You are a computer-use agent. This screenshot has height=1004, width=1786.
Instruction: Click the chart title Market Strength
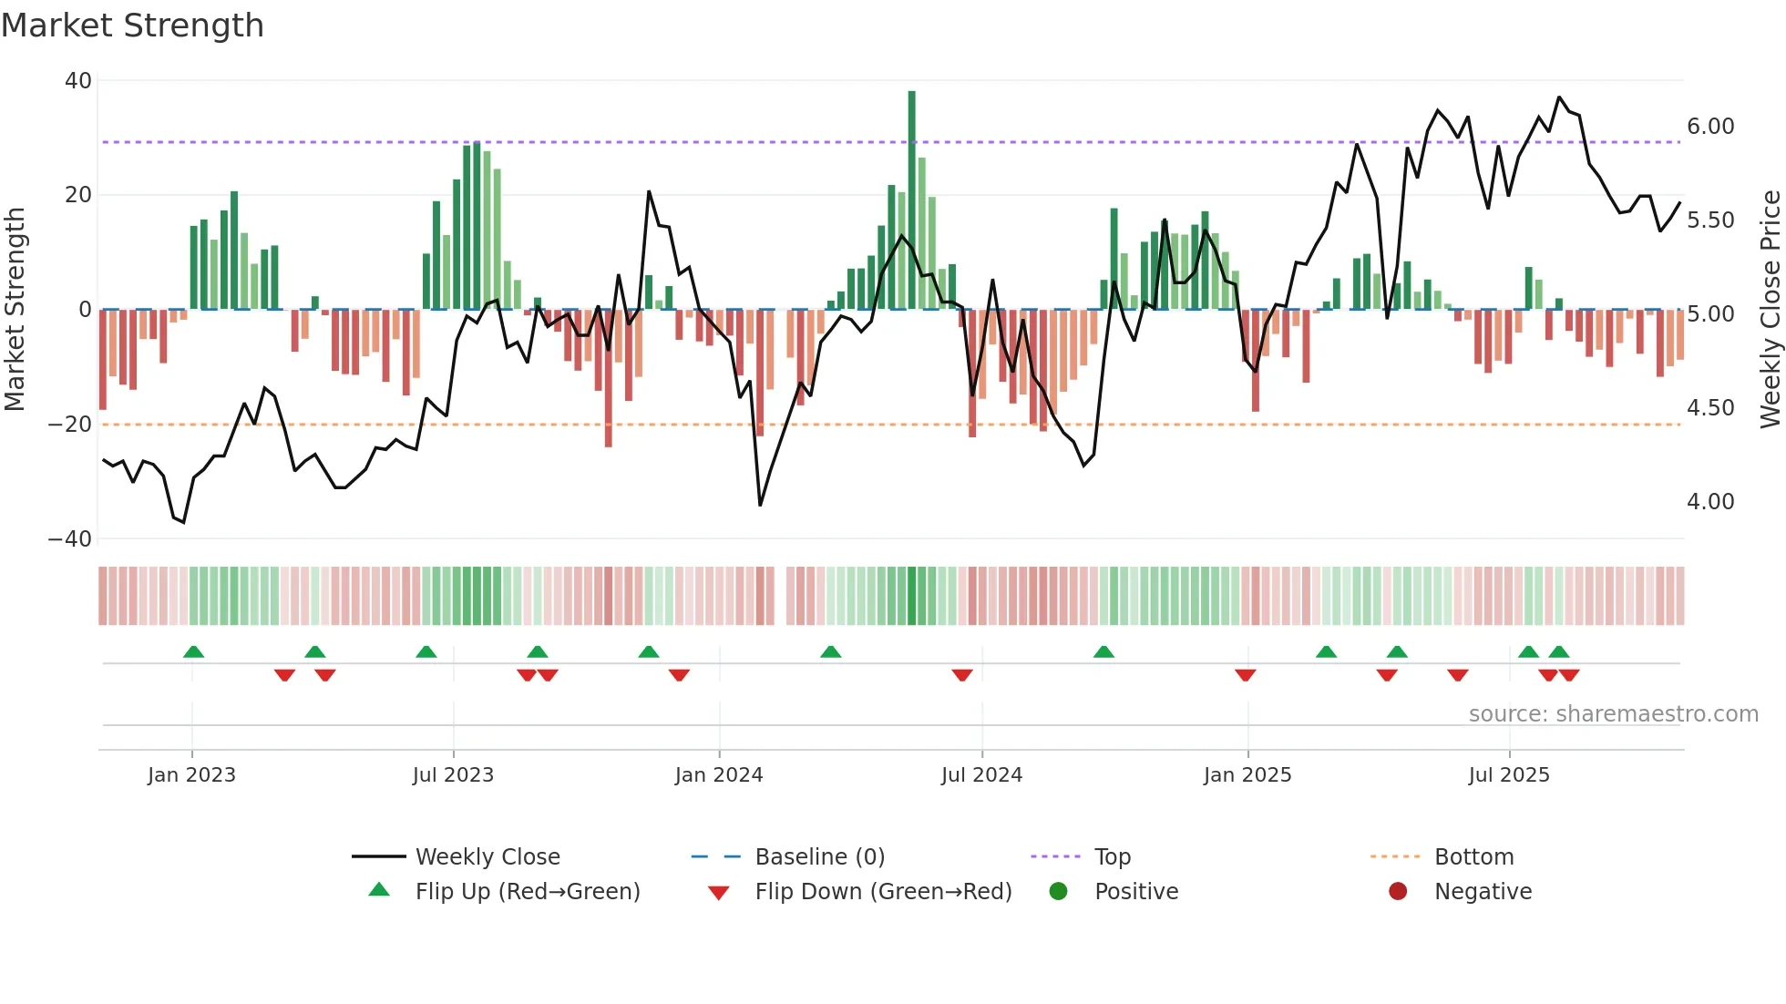pos(132,26)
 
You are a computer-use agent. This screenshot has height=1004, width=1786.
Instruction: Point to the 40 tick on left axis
pos(78,81)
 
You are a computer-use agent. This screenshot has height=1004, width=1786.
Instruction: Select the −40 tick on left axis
pos(70,538)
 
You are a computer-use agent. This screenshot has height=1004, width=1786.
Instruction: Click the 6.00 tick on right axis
pos(1710,127)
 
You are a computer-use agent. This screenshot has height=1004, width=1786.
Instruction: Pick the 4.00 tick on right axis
pos(1710,502)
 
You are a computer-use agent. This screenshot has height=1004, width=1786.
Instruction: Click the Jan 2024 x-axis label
pos(719,775)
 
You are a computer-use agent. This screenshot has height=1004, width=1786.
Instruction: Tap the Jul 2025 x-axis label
pos(1509,775)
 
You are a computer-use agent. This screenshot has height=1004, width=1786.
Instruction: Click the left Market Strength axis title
pos(15,309)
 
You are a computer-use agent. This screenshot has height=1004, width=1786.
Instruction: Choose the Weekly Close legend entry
pos(488,857)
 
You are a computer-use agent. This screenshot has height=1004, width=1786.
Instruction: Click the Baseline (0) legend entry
pos(819,857)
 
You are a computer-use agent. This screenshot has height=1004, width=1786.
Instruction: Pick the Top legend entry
pos(1112,857)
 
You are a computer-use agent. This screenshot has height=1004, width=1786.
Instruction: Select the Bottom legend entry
pos(1473,857)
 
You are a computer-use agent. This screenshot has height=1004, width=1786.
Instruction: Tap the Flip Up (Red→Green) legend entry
pos(527,892)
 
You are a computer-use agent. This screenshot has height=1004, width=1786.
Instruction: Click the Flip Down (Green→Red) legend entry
pos(883,892)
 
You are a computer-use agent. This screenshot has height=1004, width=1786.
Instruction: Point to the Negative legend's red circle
pos(1398,892)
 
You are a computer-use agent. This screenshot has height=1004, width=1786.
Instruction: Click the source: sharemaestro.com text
pos(1613,714)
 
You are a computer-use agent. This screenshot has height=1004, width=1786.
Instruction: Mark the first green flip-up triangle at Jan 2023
pos(193,651)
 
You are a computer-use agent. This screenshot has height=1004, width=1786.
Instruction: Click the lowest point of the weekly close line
pos(183,522)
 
